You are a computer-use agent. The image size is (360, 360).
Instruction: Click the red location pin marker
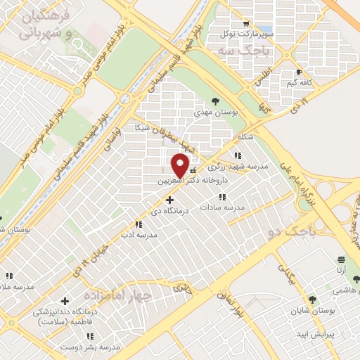click(180, 165)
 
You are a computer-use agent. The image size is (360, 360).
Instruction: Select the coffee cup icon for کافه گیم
click(300, 72)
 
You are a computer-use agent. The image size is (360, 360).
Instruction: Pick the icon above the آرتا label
click(341, 259)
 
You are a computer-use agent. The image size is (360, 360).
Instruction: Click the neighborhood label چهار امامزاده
click(117, 295)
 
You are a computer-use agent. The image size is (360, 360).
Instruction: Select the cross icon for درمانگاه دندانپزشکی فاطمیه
click(66, 301)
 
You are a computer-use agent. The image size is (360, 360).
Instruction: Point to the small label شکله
click(245, 136)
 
